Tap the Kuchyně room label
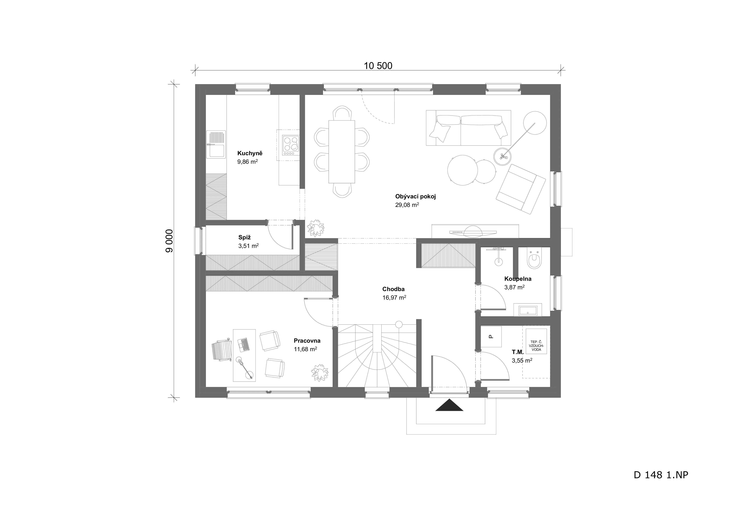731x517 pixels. [x=250, y=153]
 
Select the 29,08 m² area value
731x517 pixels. [x=407, y=205]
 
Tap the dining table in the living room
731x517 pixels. [x=342, y=152]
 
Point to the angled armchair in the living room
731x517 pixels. [x=521, y=189]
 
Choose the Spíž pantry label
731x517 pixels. [x=244, y=237]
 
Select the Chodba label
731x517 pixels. [x=394, y=289]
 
